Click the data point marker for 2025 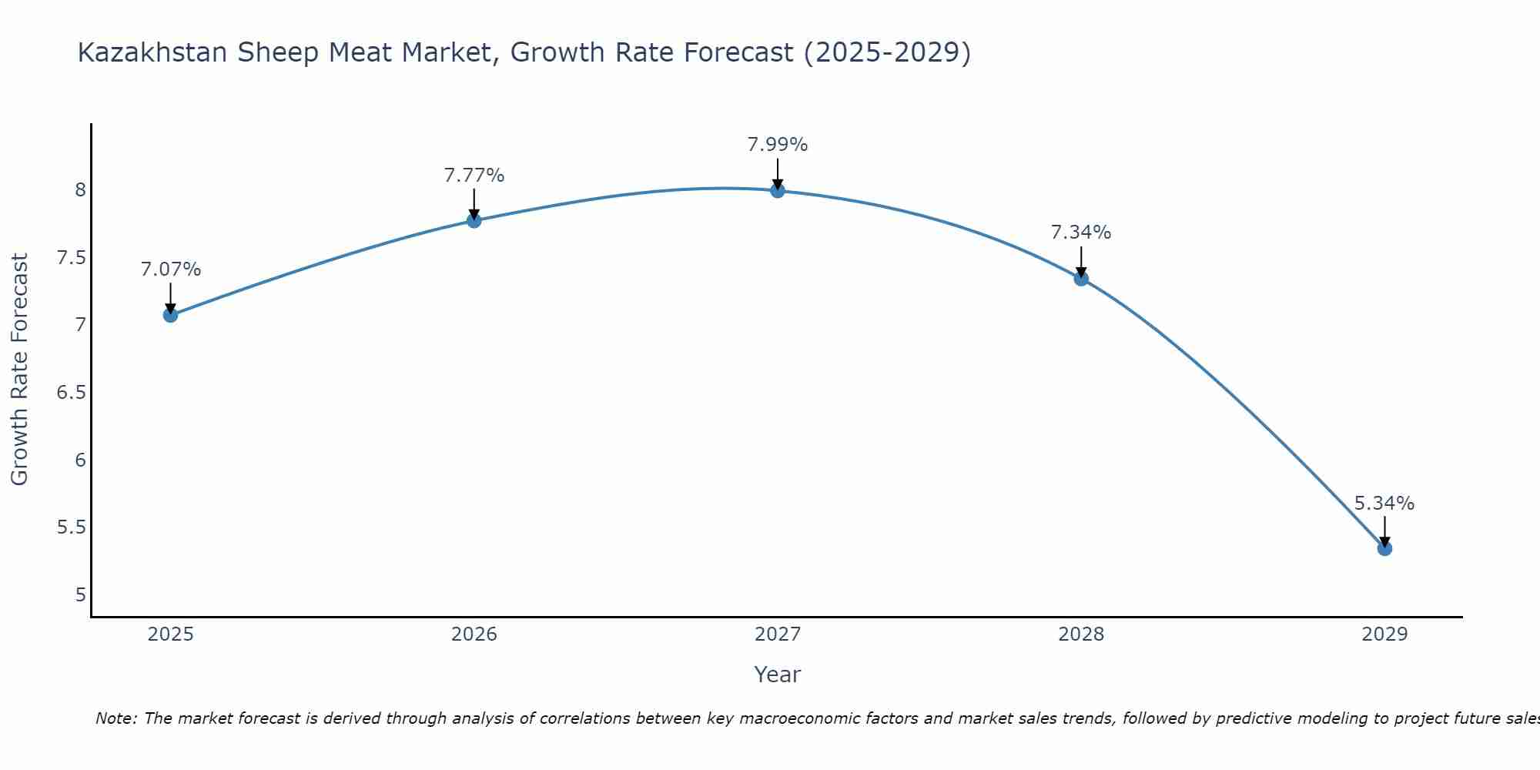(170, 315)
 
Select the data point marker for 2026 (474, 220)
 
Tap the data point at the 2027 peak (778, 190)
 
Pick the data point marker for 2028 (1081, 279)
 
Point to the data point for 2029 (1384, 548)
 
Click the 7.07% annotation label (170, 269)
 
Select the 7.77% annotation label (474, 176)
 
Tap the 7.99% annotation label (778, 145)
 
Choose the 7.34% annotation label (1081, 233)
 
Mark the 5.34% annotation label (1384, 504)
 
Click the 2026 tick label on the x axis (474, 634)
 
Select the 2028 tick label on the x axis (1081, 634)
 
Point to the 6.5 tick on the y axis (71, 393)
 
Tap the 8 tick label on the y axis (80, 189)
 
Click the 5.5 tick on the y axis (71, 527)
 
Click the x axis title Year (778, 675)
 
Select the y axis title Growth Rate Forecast (19, 370)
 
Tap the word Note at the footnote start (115, 718)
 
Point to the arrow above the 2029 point (1384, 531)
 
